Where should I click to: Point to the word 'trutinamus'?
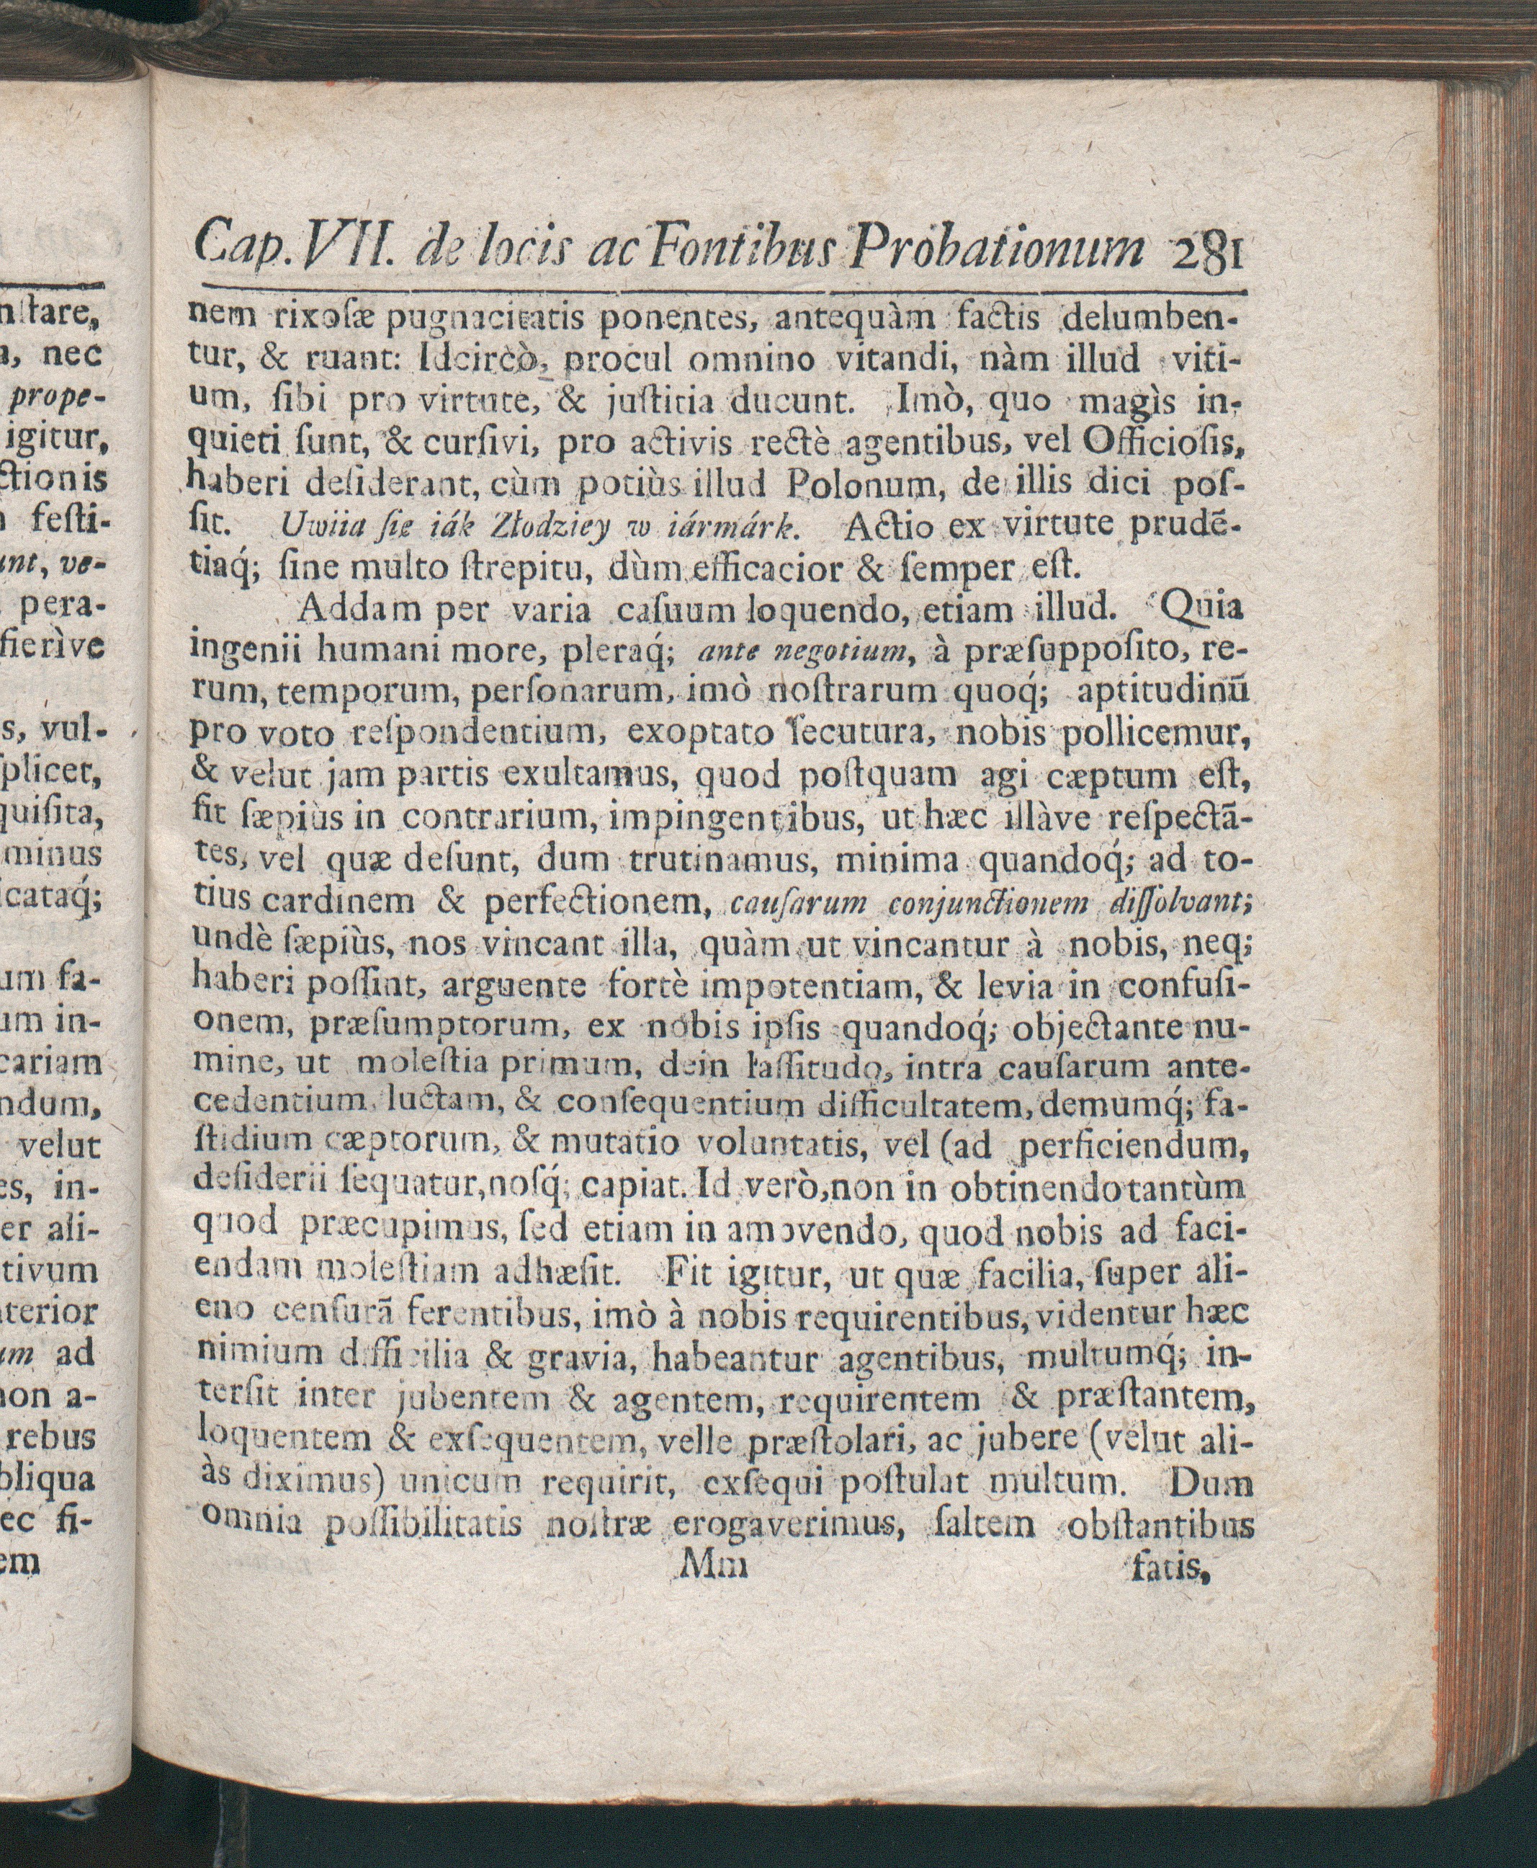point(710,862)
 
